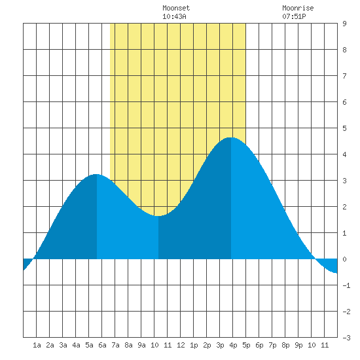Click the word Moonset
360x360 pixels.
tap(176, 8)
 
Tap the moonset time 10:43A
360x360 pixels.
tap(174, 16)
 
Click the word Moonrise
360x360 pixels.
tap(298, 8)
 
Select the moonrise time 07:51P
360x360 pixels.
tap(294, 16)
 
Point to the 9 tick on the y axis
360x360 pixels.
tap(344, 24)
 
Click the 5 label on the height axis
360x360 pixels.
tap(344, 128)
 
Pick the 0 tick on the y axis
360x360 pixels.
tap(344, 259)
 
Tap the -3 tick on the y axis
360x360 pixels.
tap(346, 338)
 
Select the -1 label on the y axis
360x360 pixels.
tap(346, 285)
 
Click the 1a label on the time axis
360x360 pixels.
tap(37, 345)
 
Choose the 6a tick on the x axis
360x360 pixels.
tap(102, 345)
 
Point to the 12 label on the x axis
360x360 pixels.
tap(181, 345)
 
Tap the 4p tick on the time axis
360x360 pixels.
tap(233, 345)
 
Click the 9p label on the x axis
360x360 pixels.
tap(298, 345)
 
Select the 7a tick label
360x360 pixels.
tap(115, 345)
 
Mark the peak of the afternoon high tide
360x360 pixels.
tap(231, 137)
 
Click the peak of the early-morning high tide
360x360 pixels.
tap(97, 174)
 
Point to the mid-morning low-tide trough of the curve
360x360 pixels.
tap(158, 216)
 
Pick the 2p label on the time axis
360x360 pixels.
tap(207, 345)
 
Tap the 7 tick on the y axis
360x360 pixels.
tap(344, 76)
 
